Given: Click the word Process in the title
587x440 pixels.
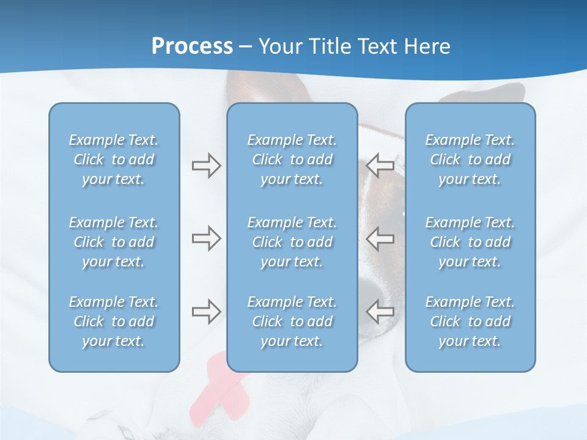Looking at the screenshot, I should (x=192, y=46).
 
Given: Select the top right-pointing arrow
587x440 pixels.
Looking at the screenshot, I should (x=206, y=166).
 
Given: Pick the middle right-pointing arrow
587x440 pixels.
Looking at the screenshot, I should (x=206, y=238).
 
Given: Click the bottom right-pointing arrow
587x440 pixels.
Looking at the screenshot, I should (x=206, y=312).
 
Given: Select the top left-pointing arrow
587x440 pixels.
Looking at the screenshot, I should (x=380, y=166).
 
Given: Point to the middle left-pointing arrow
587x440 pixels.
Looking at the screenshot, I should (x=380, y=238).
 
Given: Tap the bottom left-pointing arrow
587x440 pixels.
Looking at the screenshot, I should (x=380, y=312).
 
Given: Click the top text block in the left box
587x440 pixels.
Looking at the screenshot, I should (x=114, y=159).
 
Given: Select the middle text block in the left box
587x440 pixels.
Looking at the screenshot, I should (x=114, y=242).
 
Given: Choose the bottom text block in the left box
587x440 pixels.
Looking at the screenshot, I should (x=114, y=321).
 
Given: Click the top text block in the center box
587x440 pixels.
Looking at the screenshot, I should (x=292, y=159).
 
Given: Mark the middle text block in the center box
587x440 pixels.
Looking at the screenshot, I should (x=292, y=242).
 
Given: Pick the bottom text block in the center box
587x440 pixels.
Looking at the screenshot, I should (x=292, y=321).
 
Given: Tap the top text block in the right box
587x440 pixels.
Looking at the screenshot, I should (x=470, y=159).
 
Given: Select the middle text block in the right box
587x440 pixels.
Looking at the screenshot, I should (x=470, y=242).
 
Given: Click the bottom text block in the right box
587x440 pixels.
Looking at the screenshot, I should (x=470, y=321).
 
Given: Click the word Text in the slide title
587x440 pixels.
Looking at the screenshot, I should (x=375, y=46).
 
